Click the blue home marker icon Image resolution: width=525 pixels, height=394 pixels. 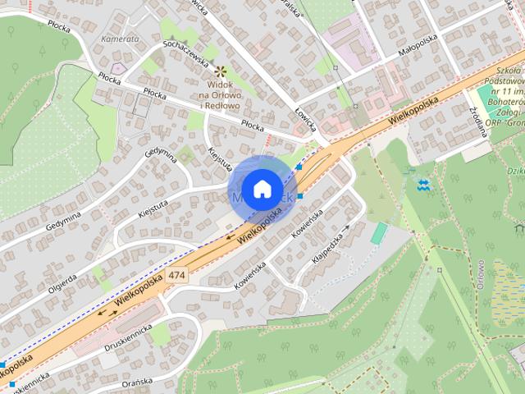pos(261,190)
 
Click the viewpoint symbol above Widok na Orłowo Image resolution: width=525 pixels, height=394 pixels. pos(220,72)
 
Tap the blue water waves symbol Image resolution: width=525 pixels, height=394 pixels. pos(423,183)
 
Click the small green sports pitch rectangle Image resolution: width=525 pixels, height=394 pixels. pos(378,234)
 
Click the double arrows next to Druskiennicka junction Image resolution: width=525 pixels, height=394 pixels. pos(107,313)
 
